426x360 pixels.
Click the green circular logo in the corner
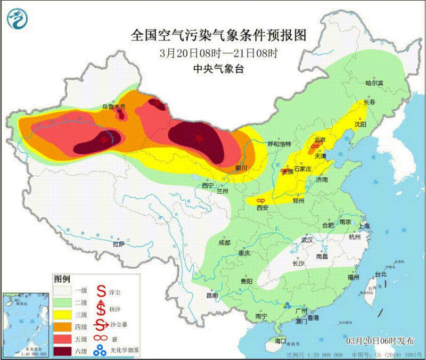point(18,19)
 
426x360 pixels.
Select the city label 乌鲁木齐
point(114,107)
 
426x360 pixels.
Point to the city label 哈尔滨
point(374,83)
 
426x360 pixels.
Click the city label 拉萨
point(118,244)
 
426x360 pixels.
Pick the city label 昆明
point(212,296)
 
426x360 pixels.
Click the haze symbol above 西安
point(260,200)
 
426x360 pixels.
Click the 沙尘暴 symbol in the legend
point(100,325)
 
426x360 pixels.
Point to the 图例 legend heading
point(62,279)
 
